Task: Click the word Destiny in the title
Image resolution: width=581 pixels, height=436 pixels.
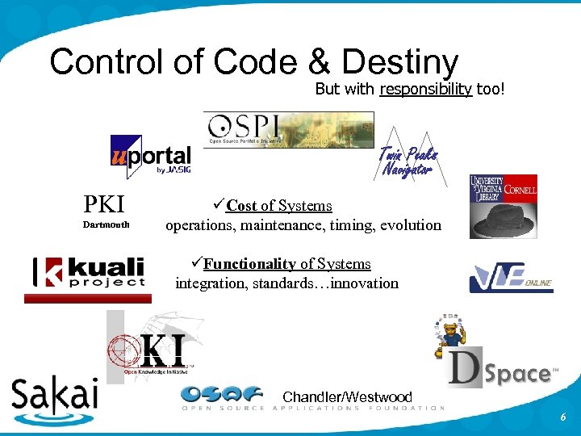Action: tap(399, 63)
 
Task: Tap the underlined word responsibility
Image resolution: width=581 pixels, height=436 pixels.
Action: tap(425, 89)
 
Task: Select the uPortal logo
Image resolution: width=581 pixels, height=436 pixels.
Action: tap(150, 157)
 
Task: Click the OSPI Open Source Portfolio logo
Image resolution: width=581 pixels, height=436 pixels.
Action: tap(288, 129)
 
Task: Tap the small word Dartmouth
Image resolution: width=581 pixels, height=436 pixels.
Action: tap(107, 224)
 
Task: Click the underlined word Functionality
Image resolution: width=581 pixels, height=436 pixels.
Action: tap(249, 264)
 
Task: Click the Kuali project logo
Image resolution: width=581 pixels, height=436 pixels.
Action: tap(89, 273)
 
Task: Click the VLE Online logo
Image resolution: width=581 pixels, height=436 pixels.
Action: tap(510, 279)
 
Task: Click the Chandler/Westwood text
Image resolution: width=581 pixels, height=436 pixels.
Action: tap(347, 397)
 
